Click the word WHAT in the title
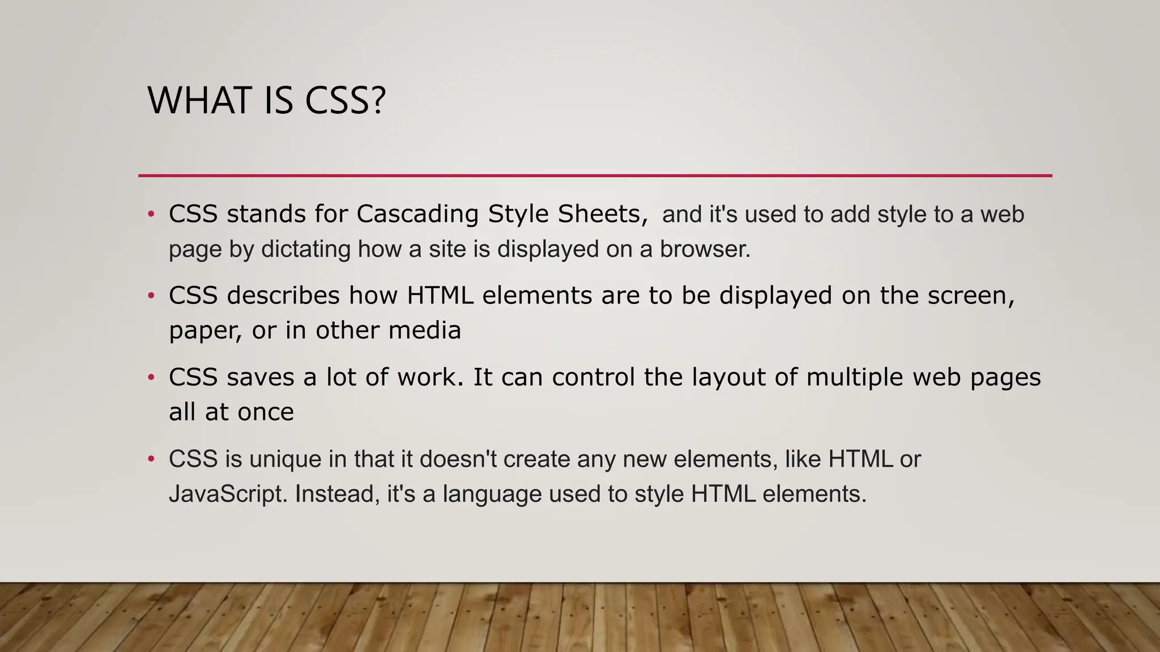coord(199,101)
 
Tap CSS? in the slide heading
coord(346,101)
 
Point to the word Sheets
coord(602,214)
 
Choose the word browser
coord(705,249)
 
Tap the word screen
coord(970,295)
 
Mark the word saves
coord(260,378)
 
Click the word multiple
coord(854,378)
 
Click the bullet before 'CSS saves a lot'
coord(151,378)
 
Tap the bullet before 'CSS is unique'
coord(151,459)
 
